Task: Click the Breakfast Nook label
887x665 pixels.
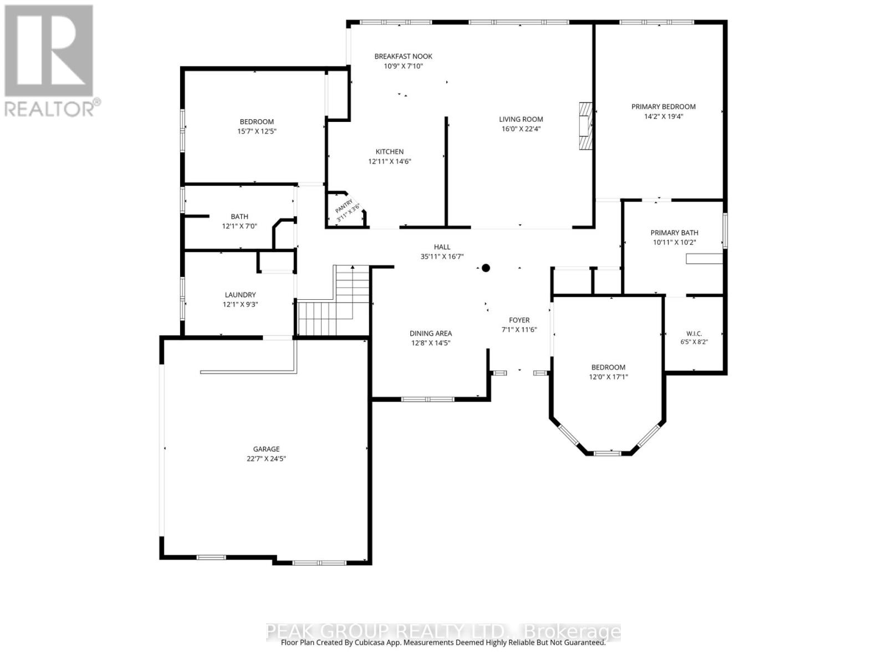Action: click(403, 57)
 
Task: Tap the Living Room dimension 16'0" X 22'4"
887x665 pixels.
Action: click(521, 129)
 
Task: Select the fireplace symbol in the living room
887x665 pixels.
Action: click(585, 126)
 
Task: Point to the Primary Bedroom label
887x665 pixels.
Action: click(663, 106)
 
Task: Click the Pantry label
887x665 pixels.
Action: click(344, 206)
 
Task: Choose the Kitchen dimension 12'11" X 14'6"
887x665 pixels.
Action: click(390, 161)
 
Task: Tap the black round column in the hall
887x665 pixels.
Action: click(486, 268)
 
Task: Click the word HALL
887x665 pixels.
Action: click(442, 247)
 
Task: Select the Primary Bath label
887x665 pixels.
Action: click(674, 233)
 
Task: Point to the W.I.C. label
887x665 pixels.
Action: click(694, 334)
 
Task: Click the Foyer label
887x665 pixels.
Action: click(519, 320)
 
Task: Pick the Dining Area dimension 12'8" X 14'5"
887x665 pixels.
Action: click(430, 343)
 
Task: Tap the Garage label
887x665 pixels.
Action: click(266, 449)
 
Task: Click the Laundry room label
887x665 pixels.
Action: click(240, 295)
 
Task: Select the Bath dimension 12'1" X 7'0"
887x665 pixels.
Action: click(239, 226)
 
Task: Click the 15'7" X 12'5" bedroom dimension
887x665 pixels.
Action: click(257, 131)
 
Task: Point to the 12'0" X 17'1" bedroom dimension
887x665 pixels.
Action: click(608, 377)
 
